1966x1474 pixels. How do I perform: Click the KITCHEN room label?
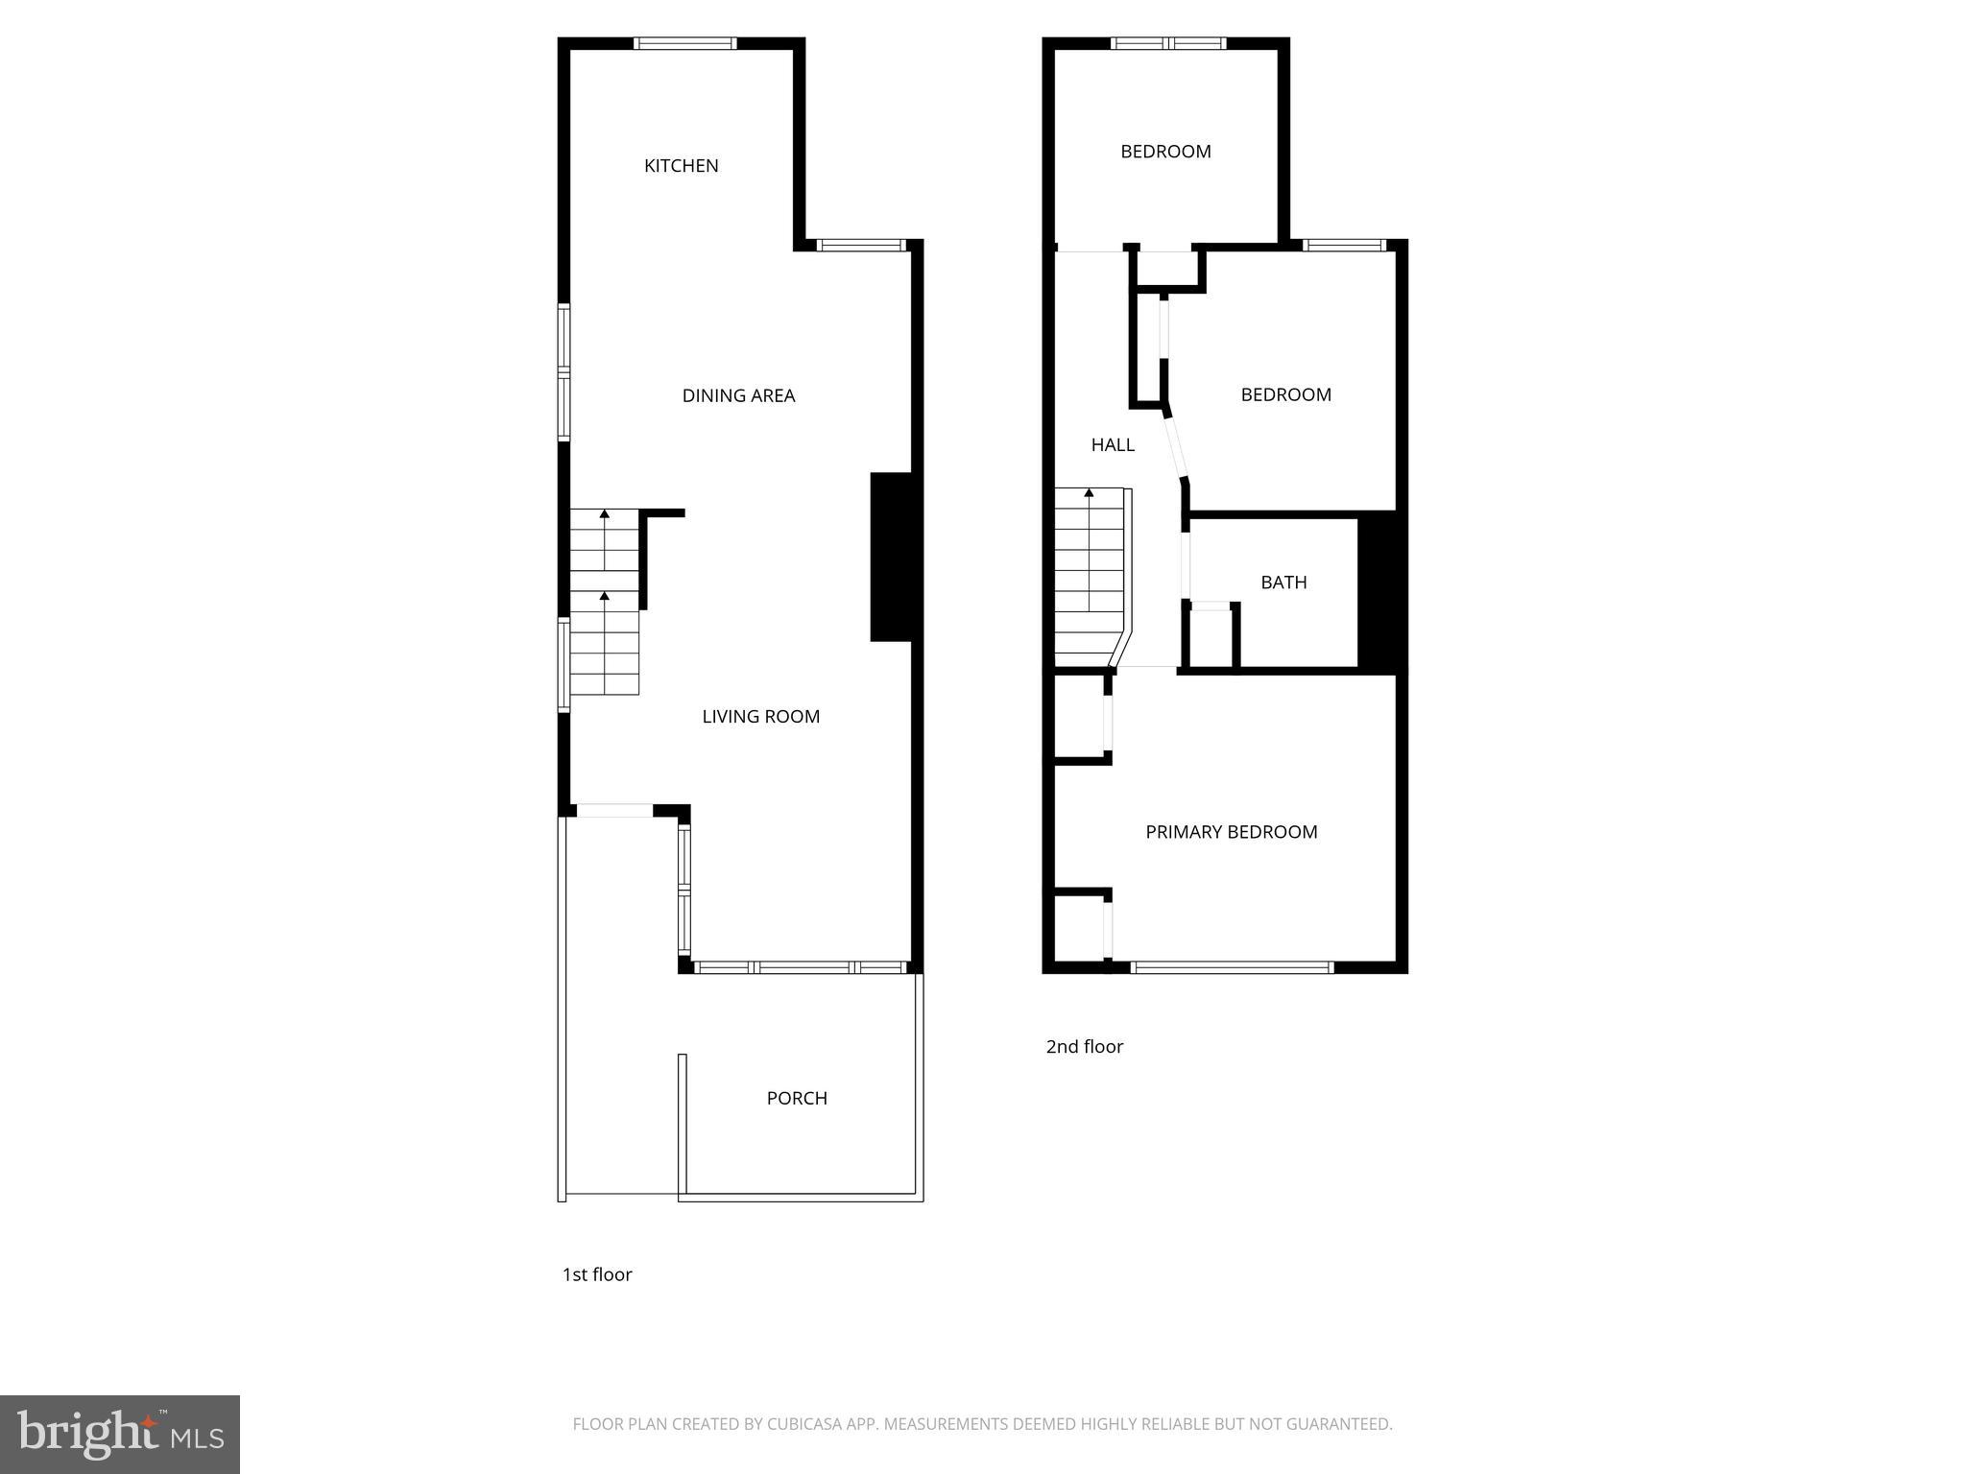[681, 166]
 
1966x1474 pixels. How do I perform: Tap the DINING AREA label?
[738, 395]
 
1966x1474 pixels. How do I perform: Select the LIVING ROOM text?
[760, 716]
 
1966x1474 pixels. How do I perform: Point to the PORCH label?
[797, 1098]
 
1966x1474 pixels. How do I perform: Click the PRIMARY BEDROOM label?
[1231, 832]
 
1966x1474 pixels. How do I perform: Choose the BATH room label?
[1283, 582]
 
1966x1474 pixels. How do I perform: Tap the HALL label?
[1113, 444]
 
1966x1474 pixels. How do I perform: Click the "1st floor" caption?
[597, 1274]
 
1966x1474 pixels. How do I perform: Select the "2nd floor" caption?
[1084, 1047]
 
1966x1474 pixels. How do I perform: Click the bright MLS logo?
[120, 1434]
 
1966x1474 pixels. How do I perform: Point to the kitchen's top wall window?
[684, 43]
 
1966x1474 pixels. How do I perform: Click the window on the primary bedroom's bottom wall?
[1232, 967]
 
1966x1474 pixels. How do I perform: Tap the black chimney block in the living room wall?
[890, 557]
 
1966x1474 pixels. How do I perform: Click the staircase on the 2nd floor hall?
[1090, 576]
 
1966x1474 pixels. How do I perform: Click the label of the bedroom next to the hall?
[1285, 394]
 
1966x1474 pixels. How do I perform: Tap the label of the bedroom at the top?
[1165, 152]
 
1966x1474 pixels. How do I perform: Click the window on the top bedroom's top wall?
[1168, 43]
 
